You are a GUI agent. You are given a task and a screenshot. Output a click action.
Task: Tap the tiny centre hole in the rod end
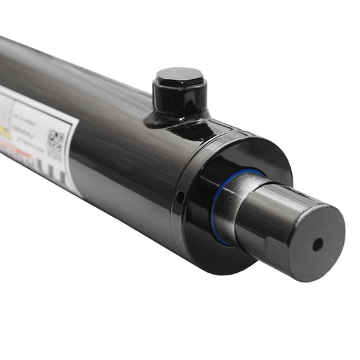click(317, 244)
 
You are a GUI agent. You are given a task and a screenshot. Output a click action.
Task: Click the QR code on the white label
click(56, 143)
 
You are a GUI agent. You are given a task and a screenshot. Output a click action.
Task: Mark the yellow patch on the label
click(5, 132)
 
